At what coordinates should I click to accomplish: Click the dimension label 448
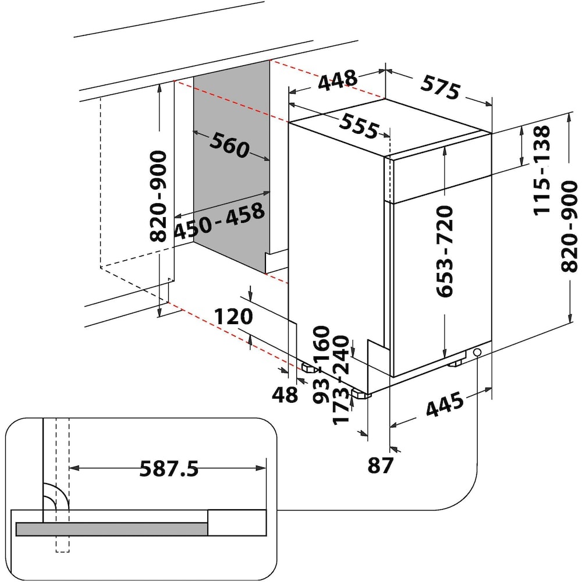[x=338, y=80]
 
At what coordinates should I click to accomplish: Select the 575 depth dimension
[x=440, y=88]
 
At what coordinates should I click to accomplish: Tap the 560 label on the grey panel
[x=229, y=145]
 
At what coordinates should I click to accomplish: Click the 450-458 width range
[x=219, y=221]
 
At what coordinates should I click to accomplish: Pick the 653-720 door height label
[x=445, y=251]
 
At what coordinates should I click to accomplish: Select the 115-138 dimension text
[x=541, y=169]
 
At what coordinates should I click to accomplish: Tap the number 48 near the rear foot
[x=285, y=395]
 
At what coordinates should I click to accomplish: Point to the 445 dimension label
[x=445, y=403]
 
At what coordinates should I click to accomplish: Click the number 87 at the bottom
[x=380, y=466]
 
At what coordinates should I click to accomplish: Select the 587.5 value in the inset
[x=169, y=469]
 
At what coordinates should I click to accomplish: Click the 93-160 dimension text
[x=321, y=364]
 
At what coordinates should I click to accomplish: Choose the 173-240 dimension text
[x=340, y=379]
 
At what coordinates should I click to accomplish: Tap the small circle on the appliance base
[x=477, y=352]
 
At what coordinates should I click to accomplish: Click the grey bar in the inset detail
[x=111, y=529]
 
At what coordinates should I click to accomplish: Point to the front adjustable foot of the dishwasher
[x=361, y=394]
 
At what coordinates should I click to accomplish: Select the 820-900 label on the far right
[x=569, y=226]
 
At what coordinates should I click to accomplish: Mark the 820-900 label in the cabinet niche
[x=158, y=196]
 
